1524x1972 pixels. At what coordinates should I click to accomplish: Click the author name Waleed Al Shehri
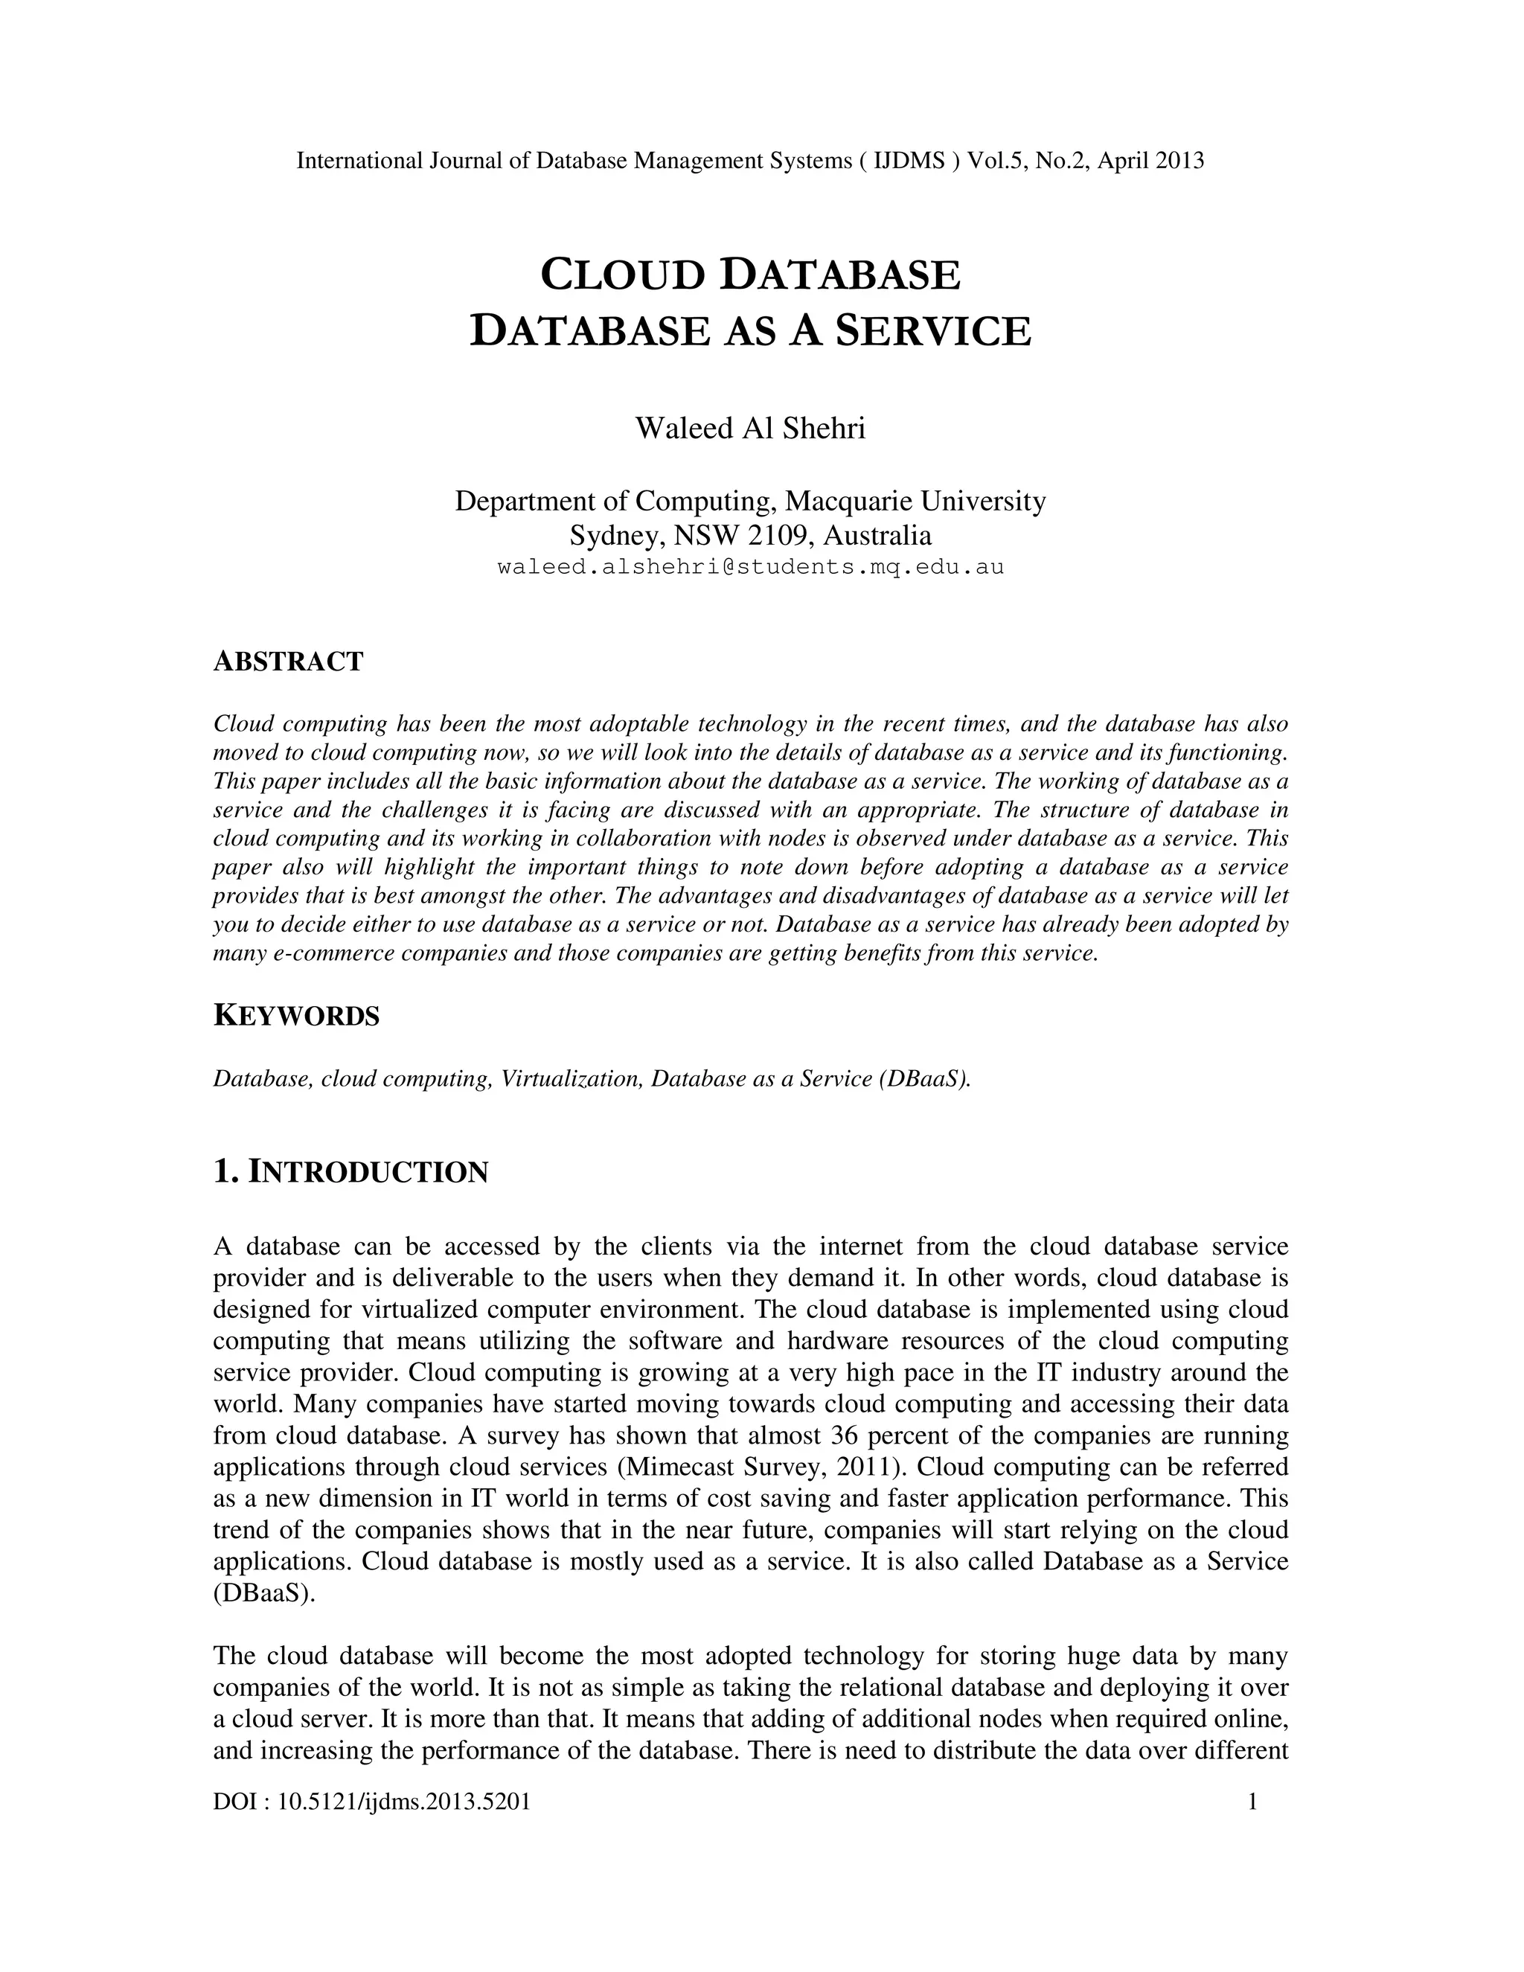coord(749,428)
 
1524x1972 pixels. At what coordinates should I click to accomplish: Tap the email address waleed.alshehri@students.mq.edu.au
coord(750,568)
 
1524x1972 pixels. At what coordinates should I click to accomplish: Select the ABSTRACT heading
coord(288,662)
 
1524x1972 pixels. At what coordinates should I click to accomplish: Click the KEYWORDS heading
coord(296,1016)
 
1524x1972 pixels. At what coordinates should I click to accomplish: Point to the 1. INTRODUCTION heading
coord(350,1172)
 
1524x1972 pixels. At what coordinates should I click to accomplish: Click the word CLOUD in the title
coord(622,275)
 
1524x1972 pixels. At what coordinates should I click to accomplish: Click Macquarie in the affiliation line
coord(851,500)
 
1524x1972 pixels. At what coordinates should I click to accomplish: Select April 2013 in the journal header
coord(1150,161)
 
